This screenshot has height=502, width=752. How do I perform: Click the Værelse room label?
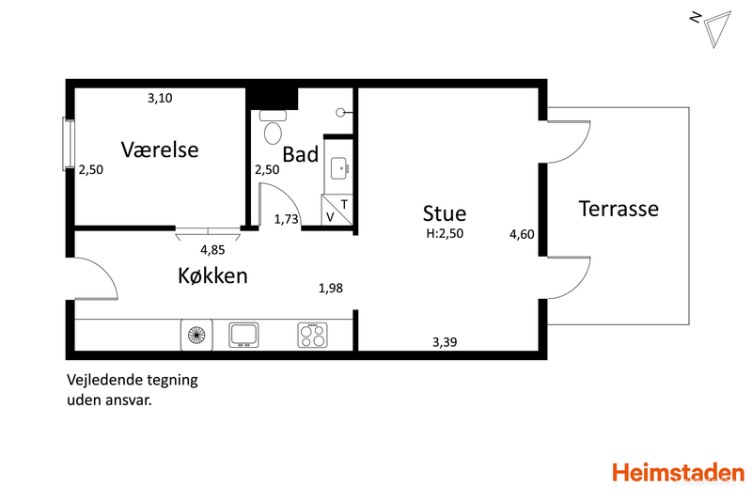coord(160,149)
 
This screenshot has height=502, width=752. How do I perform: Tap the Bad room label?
coord(300,154)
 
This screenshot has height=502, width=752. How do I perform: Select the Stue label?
coord(444,213)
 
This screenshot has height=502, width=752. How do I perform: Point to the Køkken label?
coord(213,275)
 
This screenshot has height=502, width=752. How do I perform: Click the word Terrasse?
coord(619,209)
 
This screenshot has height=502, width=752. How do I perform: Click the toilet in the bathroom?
coord(273,128)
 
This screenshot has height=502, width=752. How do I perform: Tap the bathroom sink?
coord(339,168)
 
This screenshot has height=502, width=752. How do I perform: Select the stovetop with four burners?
coord(313,335)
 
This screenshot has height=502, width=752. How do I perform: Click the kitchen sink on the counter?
coord(243,335)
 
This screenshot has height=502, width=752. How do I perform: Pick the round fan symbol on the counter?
coord(196,334)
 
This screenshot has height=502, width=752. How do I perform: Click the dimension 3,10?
coord(160,99)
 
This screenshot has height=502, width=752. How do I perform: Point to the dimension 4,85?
coord(212,250)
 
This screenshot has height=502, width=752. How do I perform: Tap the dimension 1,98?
coord(331,289)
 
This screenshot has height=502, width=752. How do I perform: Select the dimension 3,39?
coord(445,342)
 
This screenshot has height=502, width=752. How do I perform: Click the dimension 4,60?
coord(522,234)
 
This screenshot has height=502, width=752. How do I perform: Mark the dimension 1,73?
coord(287,220)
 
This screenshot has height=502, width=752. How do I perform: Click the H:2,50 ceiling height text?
coord(445,233)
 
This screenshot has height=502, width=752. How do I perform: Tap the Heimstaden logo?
coord(678,473)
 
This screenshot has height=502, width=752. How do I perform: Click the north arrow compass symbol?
coord(713,28)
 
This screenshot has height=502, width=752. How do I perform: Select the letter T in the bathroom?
coord(344,205)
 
